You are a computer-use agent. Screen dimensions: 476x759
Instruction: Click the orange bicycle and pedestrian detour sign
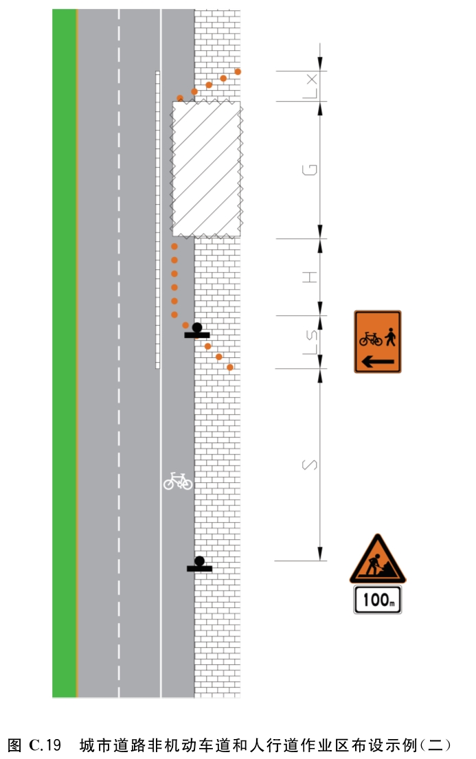(x=377, y=342)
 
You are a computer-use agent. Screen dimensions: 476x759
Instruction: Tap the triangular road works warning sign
(x=378, y=560)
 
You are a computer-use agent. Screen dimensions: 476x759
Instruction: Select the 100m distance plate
(x=378, y=600)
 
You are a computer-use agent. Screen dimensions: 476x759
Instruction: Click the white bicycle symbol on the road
(x=178, y=481)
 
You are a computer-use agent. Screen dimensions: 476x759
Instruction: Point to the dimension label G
(x=309, y=170)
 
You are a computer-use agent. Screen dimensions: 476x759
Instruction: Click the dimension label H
(x=309, y=277)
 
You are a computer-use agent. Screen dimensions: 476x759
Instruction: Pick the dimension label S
(x=309, y=465)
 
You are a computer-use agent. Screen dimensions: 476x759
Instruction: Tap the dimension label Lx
(x=309, y=86)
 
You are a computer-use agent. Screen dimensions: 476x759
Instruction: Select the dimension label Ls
(x=309, y=342)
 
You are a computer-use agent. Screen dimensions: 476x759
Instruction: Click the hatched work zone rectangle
(x=206, y=169)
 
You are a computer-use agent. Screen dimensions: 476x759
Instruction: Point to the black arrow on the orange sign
(x=378, y=361)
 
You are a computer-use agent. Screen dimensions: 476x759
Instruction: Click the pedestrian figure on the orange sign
(x=390, y=337)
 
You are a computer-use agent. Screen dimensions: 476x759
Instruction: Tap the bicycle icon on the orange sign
(x=370, y=339)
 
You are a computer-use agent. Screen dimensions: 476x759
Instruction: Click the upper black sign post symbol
(x=197, y=330)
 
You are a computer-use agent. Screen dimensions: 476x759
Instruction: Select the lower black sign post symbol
(x=199, y=565)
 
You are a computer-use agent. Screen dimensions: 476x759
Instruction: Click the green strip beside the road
(x=65, y=353)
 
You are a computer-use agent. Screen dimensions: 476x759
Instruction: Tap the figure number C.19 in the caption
(x=45, y=745)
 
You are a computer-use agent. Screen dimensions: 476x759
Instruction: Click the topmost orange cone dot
(x=238, y=71)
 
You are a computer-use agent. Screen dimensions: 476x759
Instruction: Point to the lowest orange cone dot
(x=230, y=367)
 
